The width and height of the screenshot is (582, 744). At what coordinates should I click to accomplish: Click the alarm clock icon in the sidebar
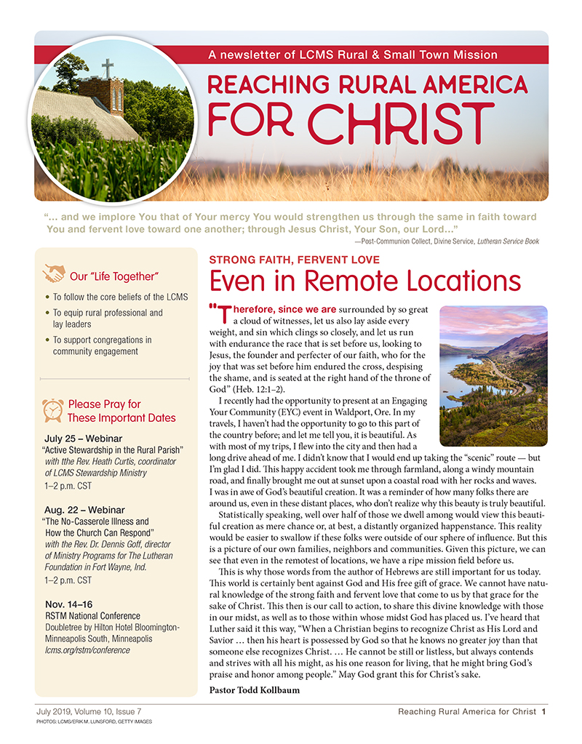point(52,410)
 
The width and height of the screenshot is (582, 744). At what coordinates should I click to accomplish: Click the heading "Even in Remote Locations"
point(364,281)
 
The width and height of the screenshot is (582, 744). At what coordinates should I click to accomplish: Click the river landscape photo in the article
point(493,376)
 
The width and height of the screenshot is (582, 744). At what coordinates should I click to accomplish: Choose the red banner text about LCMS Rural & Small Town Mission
point(352,55)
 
